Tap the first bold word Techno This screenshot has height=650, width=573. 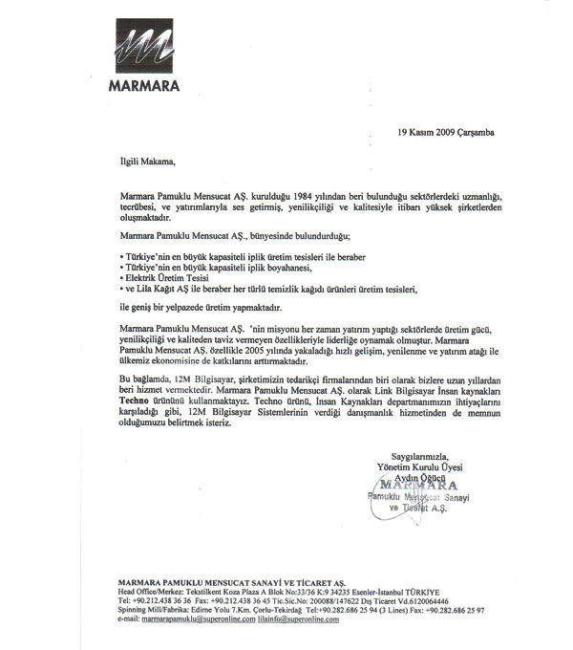[x=136, y=401]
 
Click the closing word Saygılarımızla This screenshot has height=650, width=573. [x=419, y=454]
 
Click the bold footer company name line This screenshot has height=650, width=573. [x=230, y=582]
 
